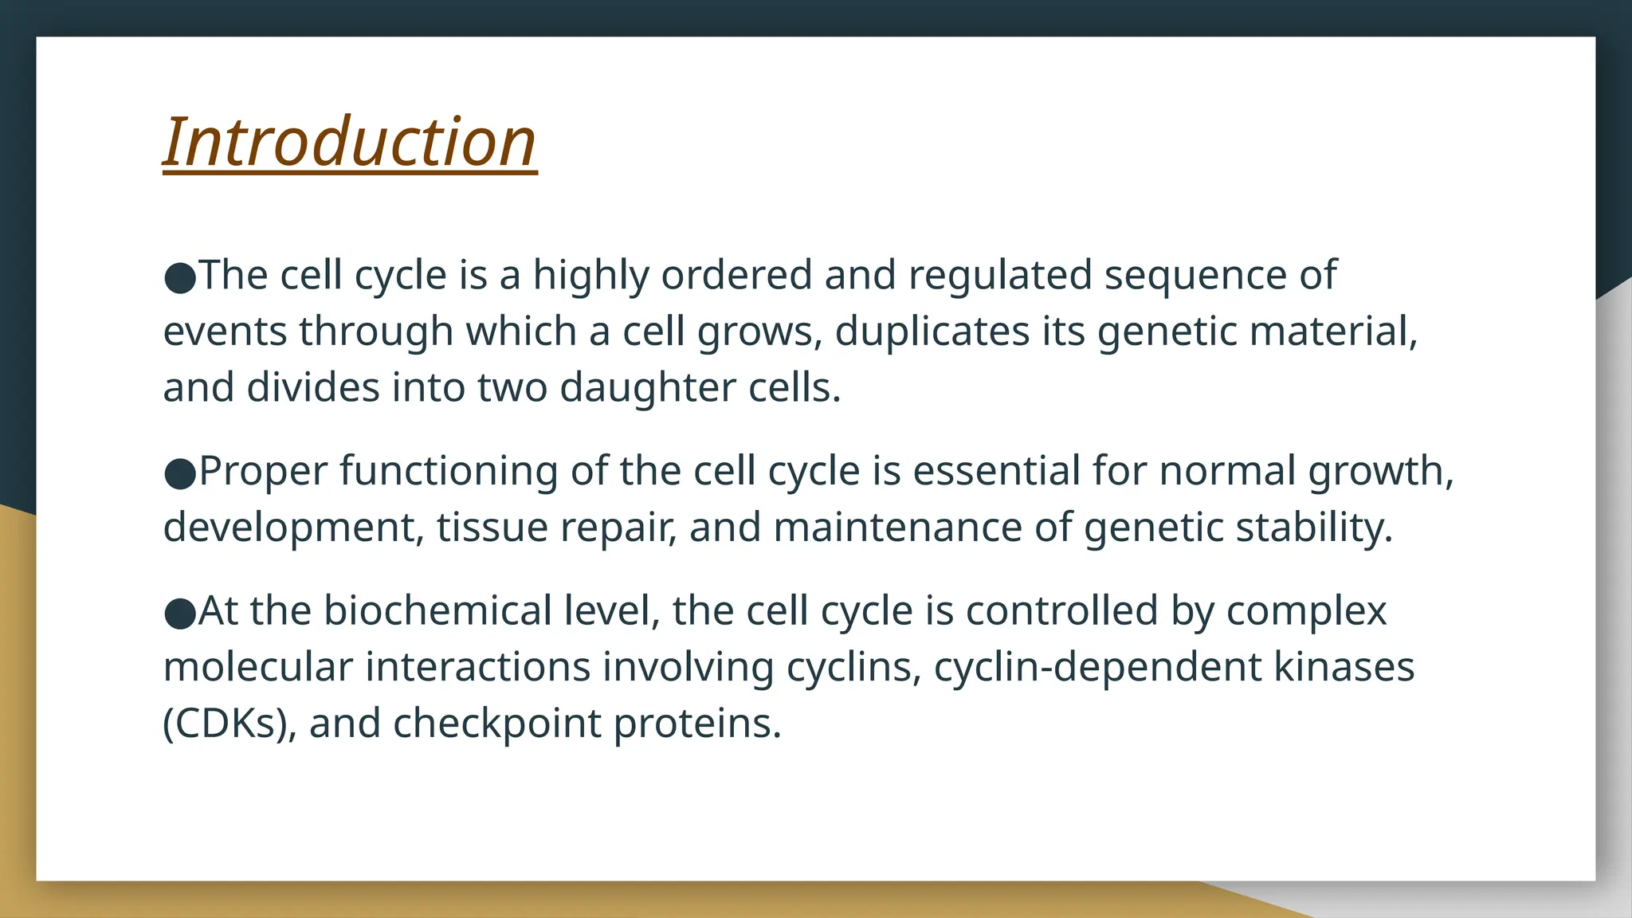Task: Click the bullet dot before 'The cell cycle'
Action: click(179, 277)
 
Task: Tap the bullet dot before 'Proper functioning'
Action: click(179, 473)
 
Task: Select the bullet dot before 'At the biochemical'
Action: click(179, 614)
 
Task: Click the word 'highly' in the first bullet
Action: click(590, 276)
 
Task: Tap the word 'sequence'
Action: click(1195, 276)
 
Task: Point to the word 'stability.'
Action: click(1314, 528)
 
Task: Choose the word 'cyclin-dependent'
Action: click(1097, 667)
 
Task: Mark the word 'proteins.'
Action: click(697, 724)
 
